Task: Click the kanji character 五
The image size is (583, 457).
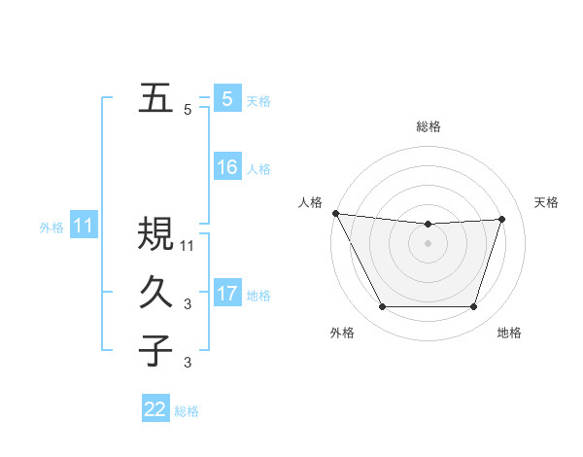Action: pos(155,98)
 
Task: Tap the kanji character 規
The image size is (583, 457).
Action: pos(155,234)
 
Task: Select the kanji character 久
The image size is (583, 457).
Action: pos(155,293)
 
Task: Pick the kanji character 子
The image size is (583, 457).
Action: pos(155,351)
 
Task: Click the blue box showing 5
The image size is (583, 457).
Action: pos(226,99)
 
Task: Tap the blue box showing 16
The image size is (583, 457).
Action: pos(226,167)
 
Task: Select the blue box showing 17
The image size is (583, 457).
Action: pos(226,294)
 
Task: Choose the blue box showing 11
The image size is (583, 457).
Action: pos(83,227)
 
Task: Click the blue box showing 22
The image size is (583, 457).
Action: pos(155,409)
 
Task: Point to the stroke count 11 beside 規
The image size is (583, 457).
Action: pos(189,245)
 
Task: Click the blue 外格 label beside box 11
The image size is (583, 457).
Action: pos(51,228)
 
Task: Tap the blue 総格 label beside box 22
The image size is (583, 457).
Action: pos(187,411)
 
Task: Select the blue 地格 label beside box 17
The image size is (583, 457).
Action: pos(258,295)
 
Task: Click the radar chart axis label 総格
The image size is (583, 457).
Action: pos(428,126)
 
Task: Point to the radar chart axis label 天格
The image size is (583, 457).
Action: pos(546,202)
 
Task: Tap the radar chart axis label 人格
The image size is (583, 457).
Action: pos(310,202)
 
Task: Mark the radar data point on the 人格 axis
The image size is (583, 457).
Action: pos(335,213)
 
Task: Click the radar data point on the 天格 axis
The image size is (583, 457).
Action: pos(501,219)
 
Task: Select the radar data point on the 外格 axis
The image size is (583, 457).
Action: pos(382,307)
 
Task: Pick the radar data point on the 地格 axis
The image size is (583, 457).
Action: pos(473,307)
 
